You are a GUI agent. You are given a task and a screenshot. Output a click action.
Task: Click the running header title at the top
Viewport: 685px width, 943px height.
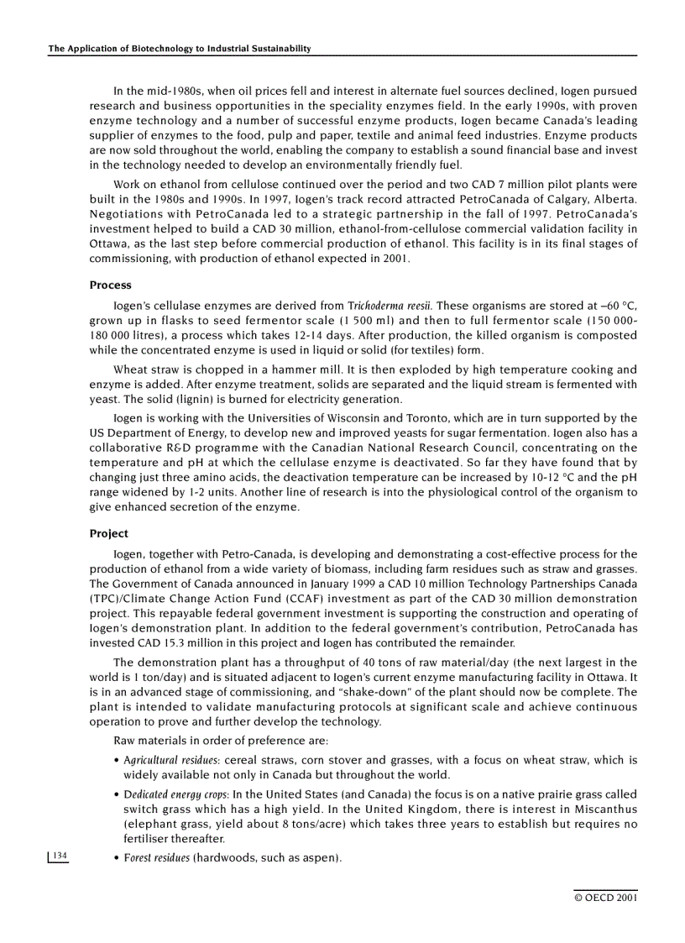[x=180, y=49]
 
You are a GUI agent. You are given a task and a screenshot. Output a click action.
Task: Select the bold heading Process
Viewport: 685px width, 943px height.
[x=110, y=286]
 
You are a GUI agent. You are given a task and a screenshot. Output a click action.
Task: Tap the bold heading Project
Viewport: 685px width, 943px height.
[x=109, y=533]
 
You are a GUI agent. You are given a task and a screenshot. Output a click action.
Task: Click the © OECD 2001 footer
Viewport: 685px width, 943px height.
[x=605, y=898]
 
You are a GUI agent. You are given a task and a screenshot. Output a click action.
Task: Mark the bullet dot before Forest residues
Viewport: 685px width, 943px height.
[x=116, y=858]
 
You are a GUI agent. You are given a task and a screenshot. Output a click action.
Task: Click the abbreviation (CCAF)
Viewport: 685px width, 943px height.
[x=297, y=598]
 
